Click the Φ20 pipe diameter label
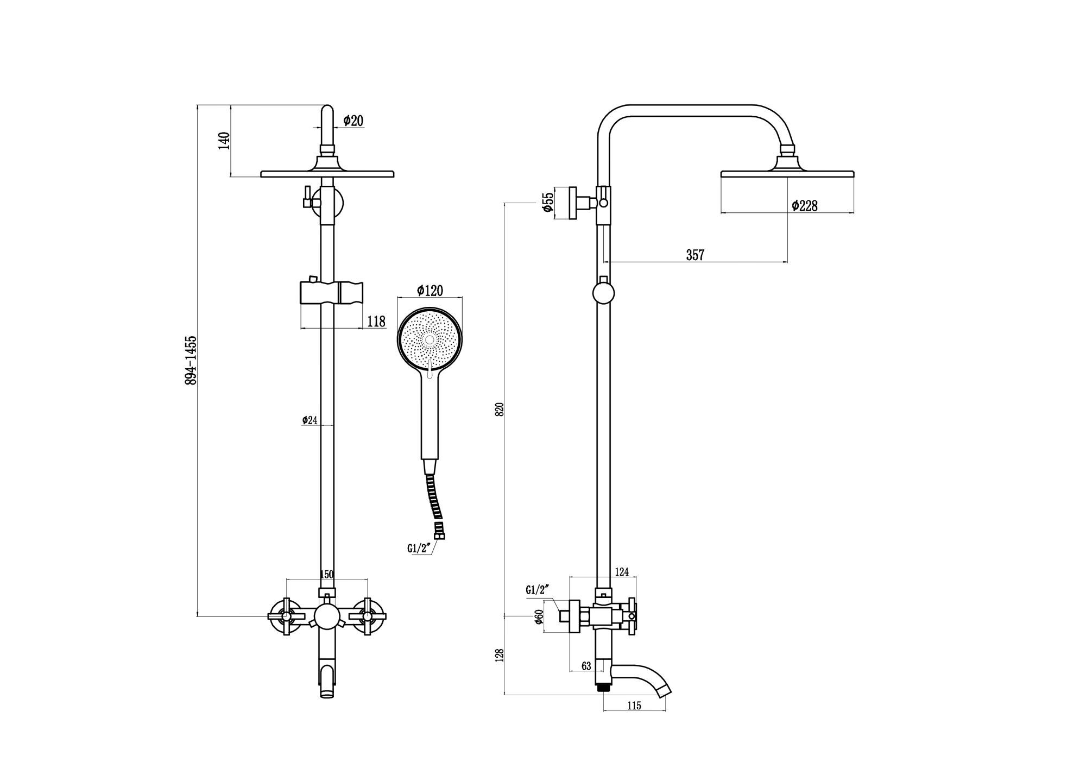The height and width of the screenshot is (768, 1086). pos(353,121)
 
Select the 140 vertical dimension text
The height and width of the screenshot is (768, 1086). pos(224,141)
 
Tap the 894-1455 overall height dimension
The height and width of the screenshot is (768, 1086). pos(191,361)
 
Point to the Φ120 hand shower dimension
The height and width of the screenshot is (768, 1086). pos(430,291)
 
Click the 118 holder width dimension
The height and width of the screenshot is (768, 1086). pos(376,322)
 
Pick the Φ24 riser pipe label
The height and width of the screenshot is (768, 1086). pos(310,420)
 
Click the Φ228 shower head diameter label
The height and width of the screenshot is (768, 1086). pos(805,205)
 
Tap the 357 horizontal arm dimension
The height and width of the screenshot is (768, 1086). pos(695,255)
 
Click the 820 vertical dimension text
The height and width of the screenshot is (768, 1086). pos(500,409)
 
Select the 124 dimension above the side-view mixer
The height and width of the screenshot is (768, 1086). pos(622,572)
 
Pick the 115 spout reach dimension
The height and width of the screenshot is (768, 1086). pos(634,706)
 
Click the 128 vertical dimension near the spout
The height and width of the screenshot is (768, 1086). pos(500,655)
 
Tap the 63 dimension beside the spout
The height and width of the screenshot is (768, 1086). pos(586,666)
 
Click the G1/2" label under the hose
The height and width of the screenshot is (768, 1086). pos(419,549)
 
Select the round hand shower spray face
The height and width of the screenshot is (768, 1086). pos(430,340)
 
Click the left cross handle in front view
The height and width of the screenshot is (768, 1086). pos(284,616)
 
